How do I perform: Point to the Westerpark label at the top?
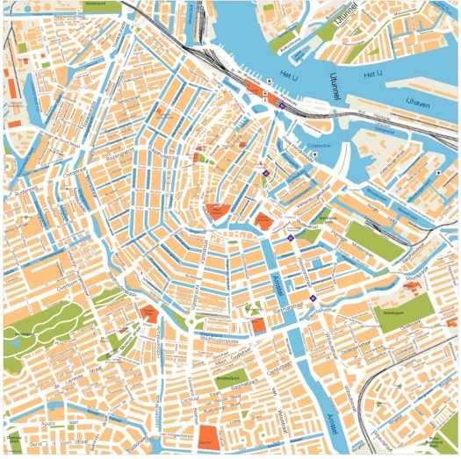point(104,4)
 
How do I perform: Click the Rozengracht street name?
point(120,156)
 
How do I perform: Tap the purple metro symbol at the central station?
point(283,105)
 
